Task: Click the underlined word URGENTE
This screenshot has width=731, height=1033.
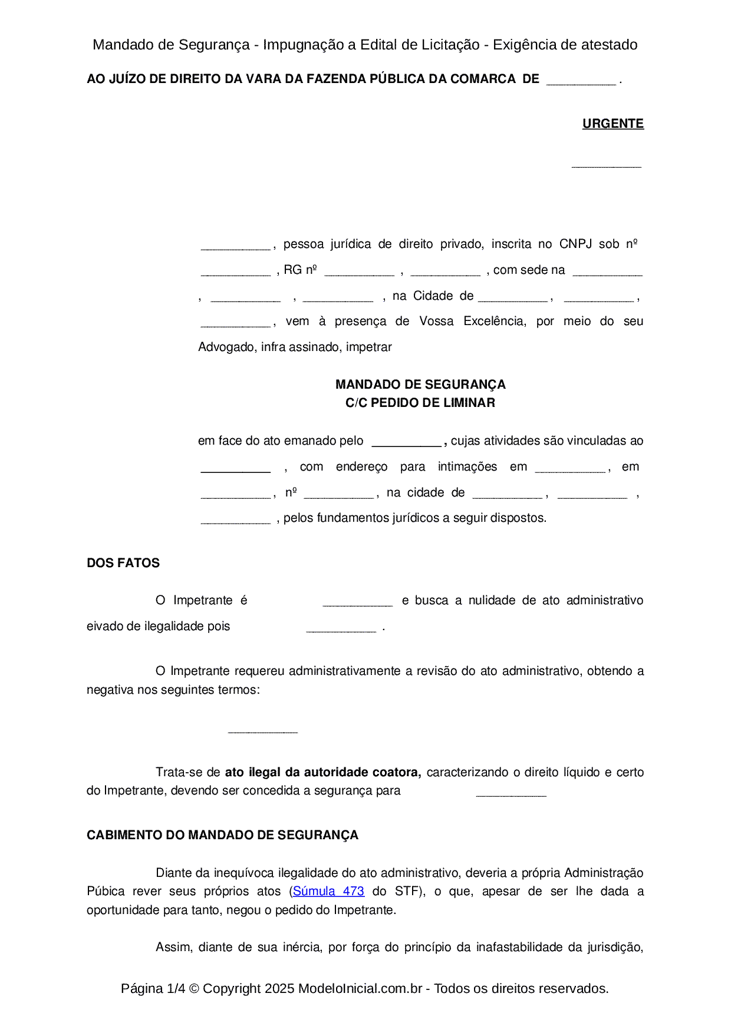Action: click(613, 124)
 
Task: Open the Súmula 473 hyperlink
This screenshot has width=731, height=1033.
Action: click(328, 891)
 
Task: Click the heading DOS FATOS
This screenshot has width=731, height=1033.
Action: click(123, 563)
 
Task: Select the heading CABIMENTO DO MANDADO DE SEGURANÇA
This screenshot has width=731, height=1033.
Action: click(222, 835)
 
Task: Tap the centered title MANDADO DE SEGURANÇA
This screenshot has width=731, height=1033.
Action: click(420, 385)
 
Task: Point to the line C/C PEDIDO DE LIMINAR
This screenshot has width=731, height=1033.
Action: click(420, 403)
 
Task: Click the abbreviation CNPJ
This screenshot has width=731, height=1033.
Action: click(575, 244)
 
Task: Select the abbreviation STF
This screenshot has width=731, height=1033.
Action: click(406, 891)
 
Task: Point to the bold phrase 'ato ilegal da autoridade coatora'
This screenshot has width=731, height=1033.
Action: click(322, 772)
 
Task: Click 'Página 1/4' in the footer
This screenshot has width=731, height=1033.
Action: click(153, 988)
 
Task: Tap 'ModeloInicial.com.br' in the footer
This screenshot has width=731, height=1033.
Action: click(360, 988)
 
